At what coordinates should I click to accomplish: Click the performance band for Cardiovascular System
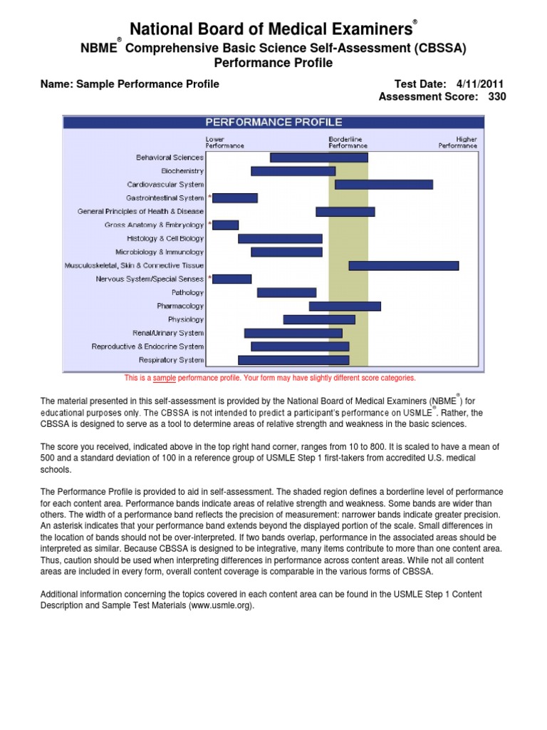pyautogui.click(x=383, y=185)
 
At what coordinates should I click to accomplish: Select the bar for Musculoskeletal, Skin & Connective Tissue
pyautogui.click(x=403, y=266)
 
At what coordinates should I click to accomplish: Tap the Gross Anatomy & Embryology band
pyautogui.click(x=226, y=225)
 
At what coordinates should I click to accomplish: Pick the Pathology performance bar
pyautogui.click(x=286, y=292)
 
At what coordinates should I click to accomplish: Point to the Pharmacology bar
pyautogui.click(x=345, y=307)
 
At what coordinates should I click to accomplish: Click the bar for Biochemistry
pyautogui.click(x=293, y=171)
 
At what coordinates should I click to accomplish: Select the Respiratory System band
pyautogui.click(x=293, y=360)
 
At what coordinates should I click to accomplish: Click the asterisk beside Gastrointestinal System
pyautogui.click(x=209, y=197)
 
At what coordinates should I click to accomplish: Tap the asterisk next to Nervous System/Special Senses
pyautogui.click(x=209, y=279)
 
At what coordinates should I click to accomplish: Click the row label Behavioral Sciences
pyautogui.click(x=170, y=158)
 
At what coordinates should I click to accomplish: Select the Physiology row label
pyautogui.click(x=185, y=320)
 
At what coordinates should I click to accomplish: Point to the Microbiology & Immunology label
pyautogui.click(x=160, y=252)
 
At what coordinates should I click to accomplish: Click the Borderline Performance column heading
pyautogui.click(x=343, y=142)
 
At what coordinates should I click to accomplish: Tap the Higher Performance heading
pyautogui.click(x=458, y=142)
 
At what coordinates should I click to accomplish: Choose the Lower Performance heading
pyautogui.click(x=224, y=142)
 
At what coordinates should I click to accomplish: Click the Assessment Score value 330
pyautogui.click(x=497, y=97)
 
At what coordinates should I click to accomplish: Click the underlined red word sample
pyautogui.click(x=165, y=379)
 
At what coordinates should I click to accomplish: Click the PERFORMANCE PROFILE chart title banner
pyautogui.click(x=273, y=123)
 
